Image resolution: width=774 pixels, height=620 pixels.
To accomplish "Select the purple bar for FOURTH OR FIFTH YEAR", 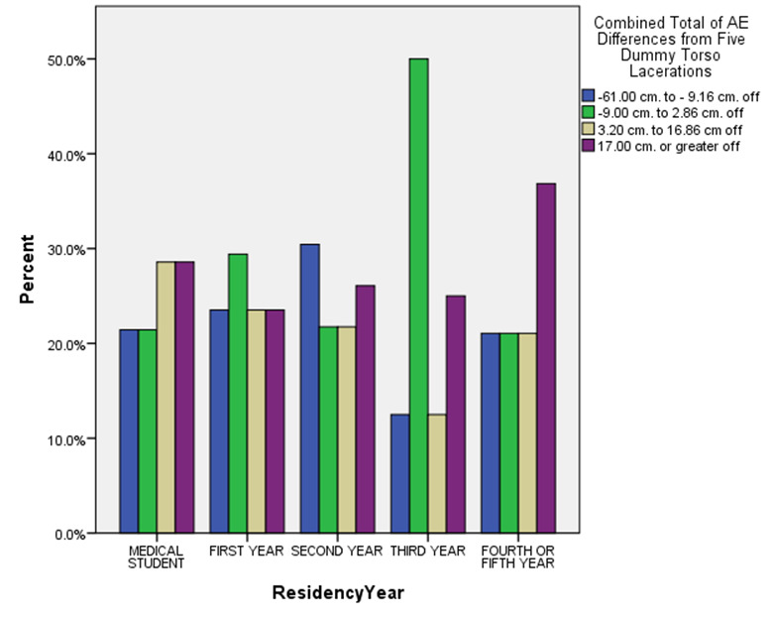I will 546,358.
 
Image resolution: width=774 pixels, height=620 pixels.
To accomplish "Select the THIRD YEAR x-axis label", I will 427,550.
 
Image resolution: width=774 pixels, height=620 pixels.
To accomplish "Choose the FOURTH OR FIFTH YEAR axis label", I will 518,556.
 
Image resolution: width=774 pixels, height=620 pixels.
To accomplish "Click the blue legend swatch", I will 589,95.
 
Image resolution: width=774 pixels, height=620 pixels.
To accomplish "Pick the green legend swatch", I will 589,112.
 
